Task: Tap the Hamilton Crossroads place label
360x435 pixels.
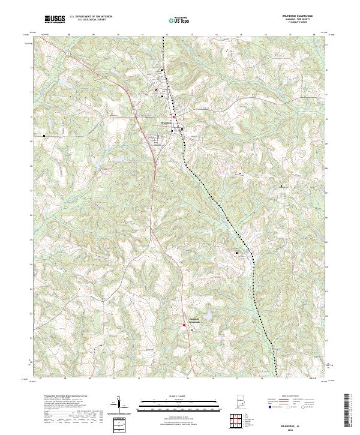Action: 190,320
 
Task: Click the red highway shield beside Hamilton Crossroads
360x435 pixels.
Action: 184,325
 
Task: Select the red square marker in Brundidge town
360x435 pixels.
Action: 174,116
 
